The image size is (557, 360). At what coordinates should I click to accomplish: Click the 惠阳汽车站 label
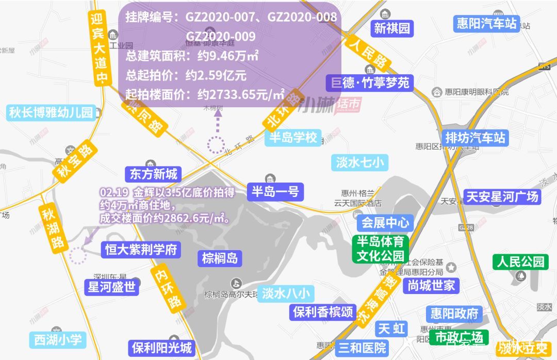point(486,24)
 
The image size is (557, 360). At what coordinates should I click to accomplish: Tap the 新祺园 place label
point(392,28)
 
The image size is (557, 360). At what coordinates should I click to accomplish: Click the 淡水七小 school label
point(360,163)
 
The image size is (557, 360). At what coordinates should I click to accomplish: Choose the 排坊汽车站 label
point(476,138)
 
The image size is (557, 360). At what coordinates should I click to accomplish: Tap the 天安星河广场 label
point(502,197)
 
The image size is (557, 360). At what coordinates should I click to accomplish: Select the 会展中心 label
point(385,223)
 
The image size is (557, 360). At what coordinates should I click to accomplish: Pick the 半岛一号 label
point(275,192)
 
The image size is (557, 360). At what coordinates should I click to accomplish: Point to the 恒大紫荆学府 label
point(141,250)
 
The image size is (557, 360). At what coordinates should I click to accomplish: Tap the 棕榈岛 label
point(220,258)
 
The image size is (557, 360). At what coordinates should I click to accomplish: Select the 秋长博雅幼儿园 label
point(51,112)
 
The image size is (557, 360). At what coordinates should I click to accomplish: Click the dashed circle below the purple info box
point(216,145)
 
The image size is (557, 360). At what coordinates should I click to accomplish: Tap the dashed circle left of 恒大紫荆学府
point(78,255)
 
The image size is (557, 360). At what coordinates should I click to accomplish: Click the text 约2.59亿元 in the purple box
point(216,76)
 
